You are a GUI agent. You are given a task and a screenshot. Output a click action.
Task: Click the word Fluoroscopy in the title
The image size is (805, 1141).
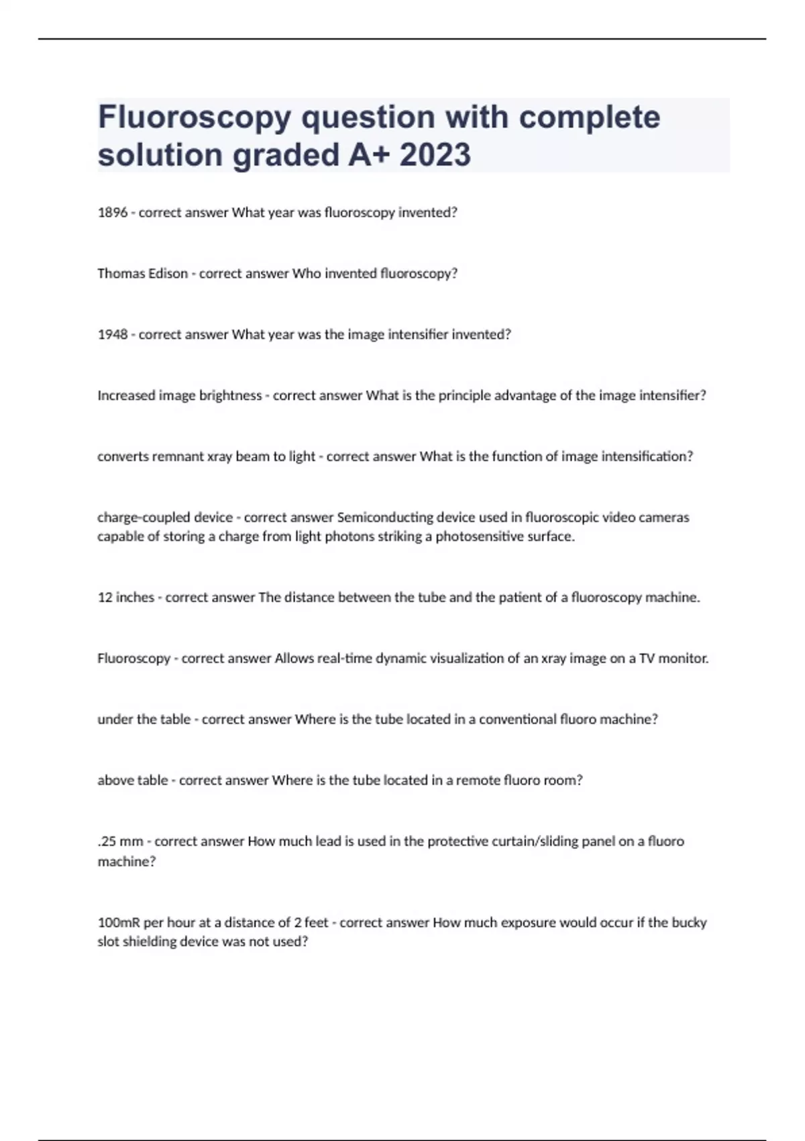click(x=195, y=118)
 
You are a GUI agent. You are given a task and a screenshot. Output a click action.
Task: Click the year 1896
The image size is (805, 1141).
click(x=112, y=213)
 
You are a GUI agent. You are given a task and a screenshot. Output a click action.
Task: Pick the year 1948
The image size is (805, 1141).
click(x=112, y=335)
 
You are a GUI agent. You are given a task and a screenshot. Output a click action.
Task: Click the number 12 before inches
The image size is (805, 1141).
click(x=105, y=597)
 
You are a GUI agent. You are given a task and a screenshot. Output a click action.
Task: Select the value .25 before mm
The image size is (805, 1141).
click(x=107, y=842)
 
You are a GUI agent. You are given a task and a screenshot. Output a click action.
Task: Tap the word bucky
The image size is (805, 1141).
click(x=689, y=923)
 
